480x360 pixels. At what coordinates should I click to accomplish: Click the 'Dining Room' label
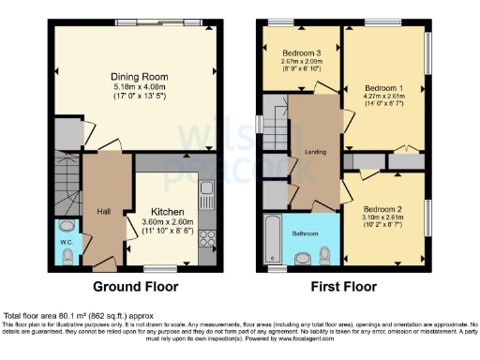coord(138,77)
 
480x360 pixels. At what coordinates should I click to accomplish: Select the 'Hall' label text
coord(103,212)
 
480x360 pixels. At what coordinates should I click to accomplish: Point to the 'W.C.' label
coord(67,242)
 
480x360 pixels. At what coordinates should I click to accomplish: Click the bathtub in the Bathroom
coord(272,239)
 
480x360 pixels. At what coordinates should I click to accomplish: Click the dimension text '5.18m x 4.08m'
coord(138,87)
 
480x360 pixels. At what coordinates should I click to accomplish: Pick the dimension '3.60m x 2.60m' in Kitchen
coord(169,222)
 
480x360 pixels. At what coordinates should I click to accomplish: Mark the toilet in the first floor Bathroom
coord(324,254)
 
